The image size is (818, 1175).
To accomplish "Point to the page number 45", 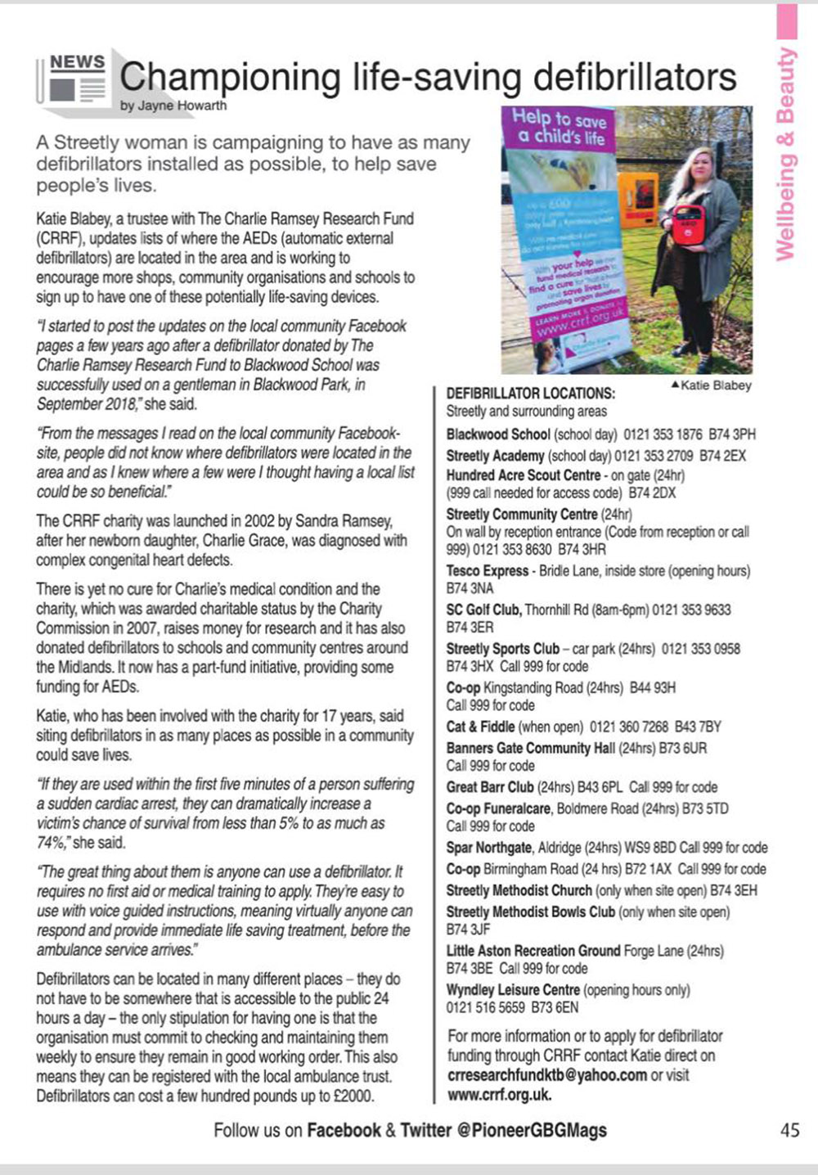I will click(789, 1130).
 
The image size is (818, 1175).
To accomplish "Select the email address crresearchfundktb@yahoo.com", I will click(547, 1075).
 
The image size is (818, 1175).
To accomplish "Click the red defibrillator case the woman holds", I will click(688, 225).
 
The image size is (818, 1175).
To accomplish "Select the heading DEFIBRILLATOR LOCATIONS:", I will click(531, 394).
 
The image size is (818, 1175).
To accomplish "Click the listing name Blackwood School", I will click(498, 434).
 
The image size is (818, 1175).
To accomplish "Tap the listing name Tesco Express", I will click(488, 571).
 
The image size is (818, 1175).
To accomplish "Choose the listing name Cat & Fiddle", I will click(480, 727).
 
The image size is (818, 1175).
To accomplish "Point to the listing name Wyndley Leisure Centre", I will click(512, 990).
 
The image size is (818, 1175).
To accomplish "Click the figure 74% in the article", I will click(51, 842).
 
